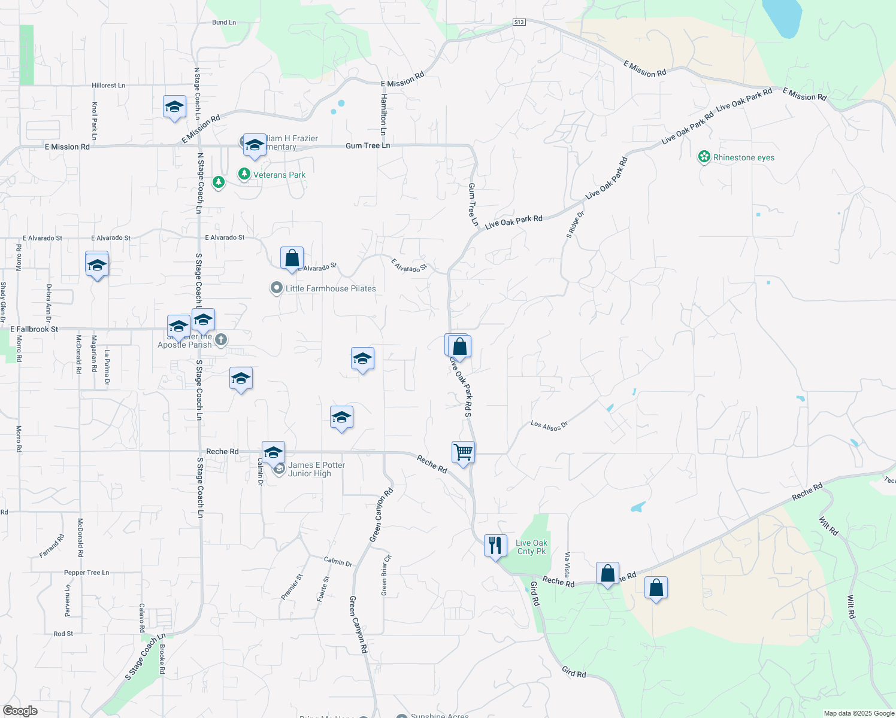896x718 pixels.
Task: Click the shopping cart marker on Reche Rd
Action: [463, 452]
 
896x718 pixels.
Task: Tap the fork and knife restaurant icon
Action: [495, 546]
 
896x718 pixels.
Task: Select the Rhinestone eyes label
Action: [743, 158]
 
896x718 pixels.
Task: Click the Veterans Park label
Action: [279, 175]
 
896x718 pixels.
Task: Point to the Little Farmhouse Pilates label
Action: [331, 288]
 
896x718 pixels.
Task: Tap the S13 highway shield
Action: [519, 22]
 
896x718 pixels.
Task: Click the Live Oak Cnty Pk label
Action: [532, 547]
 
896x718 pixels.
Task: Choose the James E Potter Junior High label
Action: [316, 469]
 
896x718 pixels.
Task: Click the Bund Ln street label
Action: [224, 23]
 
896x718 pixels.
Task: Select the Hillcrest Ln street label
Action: [108, 86]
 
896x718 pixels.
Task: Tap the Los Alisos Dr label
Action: [549, 425]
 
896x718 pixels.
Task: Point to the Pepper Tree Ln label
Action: [87, 573]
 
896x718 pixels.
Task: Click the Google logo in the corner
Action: [20, 711]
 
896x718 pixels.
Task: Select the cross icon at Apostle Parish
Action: [221, 340]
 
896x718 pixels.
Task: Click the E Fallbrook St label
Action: [35, 329]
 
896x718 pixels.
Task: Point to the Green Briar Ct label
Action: [386, 575]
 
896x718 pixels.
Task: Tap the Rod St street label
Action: [63, 634]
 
